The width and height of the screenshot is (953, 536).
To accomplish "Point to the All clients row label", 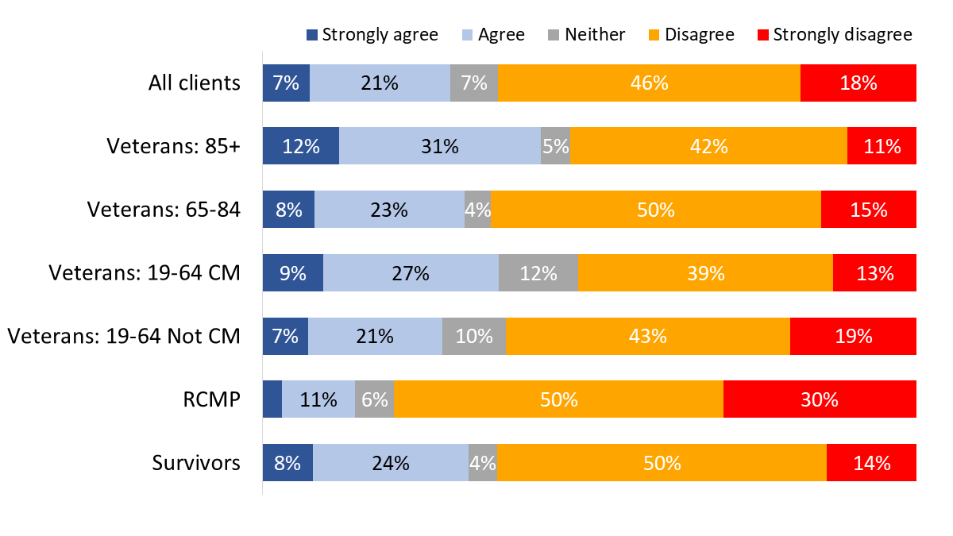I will point(195,83).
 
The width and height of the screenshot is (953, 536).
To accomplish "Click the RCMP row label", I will point(216,399).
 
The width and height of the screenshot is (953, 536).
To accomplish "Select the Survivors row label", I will point(196,463).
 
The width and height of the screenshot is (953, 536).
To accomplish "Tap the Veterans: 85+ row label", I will point(174,146).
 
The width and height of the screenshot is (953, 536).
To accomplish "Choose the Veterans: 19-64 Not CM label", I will point(124,336).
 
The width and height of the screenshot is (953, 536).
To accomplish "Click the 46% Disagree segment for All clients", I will point(649,83).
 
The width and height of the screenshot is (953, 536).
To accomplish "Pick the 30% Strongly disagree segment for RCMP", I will point(820,399).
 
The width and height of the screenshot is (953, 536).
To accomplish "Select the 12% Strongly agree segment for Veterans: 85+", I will point(301,146).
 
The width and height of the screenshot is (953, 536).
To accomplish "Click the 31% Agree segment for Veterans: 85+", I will point(440,146).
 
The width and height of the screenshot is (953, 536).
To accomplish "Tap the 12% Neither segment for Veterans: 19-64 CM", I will point(538,273).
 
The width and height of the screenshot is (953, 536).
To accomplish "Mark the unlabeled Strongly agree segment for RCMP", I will point(272,399).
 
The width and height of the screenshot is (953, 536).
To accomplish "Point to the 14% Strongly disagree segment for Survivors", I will point(871,463).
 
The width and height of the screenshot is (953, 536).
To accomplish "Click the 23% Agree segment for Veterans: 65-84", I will point(389,210).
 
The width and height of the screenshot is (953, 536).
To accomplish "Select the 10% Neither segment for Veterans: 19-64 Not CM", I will point(474,336).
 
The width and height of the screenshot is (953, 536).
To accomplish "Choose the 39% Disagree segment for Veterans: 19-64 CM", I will point(705,273).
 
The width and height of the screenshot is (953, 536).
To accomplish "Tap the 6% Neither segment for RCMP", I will point(374,399).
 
